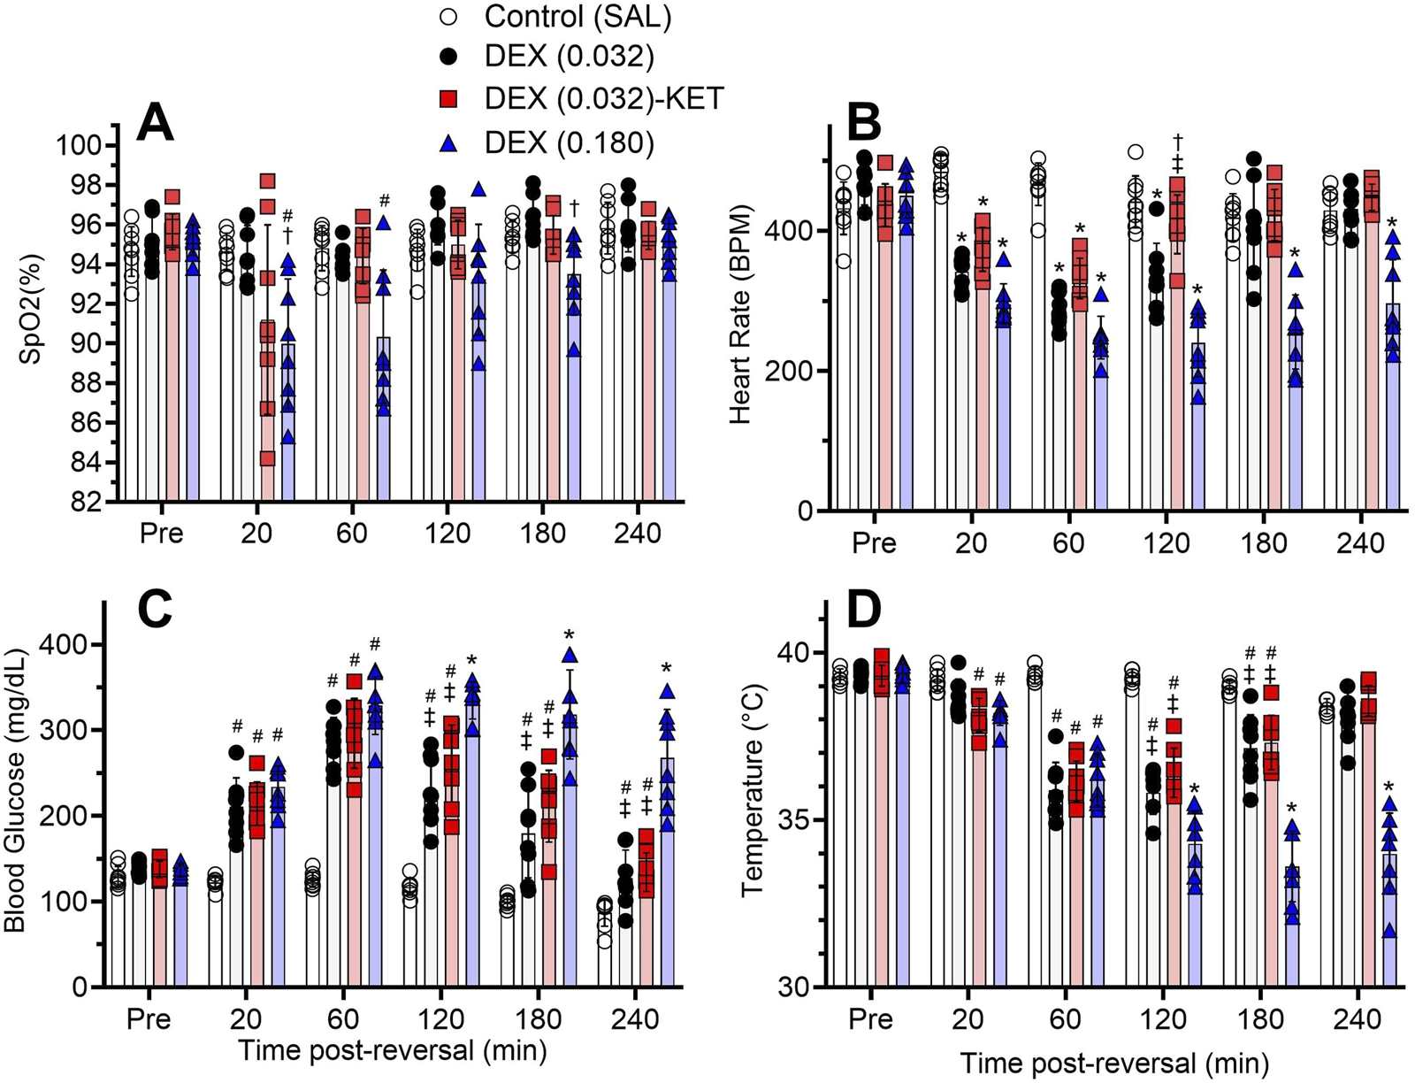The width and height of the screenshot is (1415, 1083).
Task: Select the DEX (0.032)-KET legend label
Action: [x=604, y=99]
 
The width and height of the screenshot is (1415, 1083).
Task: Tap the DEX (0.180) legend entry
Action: [x=569, y=142]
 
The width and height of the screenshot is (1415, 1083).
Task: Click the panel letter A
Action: [x=156, y=123]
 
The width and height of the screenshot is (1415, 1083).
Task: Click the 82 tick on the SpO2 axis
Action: [x=88, y=503]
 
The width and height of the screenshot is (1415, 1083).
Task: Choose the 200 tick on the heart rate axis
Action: [x=792, y=371]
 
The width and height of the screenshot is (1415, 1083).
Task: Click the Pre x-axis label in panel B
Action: [x=874, y=541]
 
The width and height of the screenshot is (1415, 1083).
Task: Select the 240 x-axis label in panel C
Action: [x=635, y=1018]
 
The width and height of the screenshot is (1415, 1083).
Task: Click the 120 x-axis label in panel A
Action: [x=448, y=534]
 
